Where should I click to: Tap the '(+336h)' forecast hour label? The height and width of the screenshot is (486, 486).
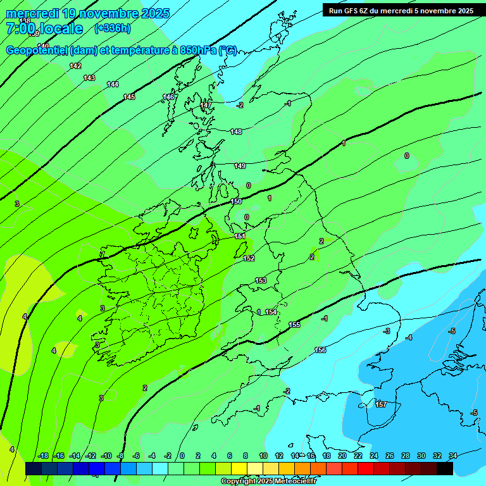click(x=112, y=28)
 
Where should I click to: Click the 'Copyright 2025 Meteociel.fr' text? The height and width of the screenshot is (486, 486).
click(x=268, y=481)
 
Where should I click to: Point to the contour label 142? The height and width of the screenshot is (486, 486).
click(x=75, y=66)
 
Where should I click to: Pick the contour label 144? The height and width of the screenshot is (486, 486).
click(x=113, y=84)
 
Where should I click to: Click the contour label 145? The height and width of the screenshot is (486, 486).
click(x=129, y=97)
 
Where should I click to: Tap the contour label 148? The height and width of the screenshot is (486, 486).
click(x=236, y=132)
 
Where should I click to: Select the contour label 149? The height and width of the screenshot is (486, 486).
click(x=240, y=166)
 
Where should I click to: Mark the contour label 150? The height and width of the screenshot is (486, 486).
click(x=236, y=201)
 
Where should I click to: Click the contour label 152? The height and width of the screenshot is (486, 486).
click(x=249, y=258)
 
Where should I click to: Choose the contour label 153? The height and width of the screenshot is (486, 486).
click(x=261, y=280)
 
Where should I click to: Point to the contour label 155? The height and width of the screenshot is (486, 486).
click(x=294, y=325)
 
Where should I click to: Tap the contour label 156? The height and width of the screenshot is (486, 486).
click(x=320, y=350)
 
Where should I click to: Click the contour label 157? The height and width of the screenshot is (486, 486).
click(x=381, y=404)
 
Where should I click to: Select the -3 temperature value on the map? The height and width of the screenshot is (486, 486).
click(x=387, y=331)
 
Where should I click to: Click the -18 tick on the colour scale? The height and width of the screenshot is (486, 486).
click(x=43, y=456)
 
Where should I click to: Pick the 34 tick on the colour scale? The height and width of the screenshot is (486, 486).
click(x=453, y=456)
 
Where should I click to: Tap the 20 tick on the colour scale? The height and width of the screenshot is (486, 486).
click(x=342, y=456)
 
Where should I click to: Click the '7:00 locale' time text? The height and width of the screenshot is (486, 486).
click(x=44, y=28)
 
